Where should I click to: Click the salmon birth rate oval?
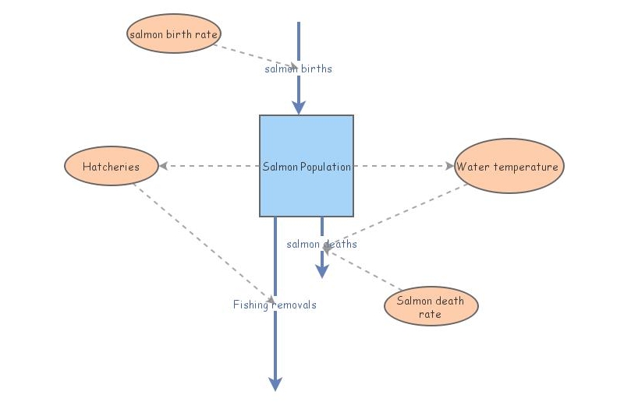[x=174, y=33]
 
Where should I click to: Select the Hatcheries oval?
[x=111, y=166]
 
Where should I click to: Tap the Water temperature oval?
[x=509, y=166]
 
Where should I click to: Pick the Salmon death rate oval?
[x=431, y=306]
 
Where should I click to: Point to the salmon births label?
[x=298, y=69]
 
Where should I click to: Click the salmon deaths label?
[x=321, y=244]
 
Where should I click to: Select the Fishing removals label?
[x=275, y=305]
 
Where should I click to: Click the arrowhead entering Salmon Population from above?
[x=298, y=108]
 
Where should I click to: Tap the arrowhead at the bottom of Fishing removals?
[x=275, y=383]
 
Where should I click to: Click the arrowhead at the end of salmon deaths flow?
[x=321, y=271]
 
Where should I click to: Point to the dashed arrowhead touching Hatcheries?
[x=164, y=166]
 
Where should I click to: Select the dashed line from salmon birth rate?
[x=250, y=55]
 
